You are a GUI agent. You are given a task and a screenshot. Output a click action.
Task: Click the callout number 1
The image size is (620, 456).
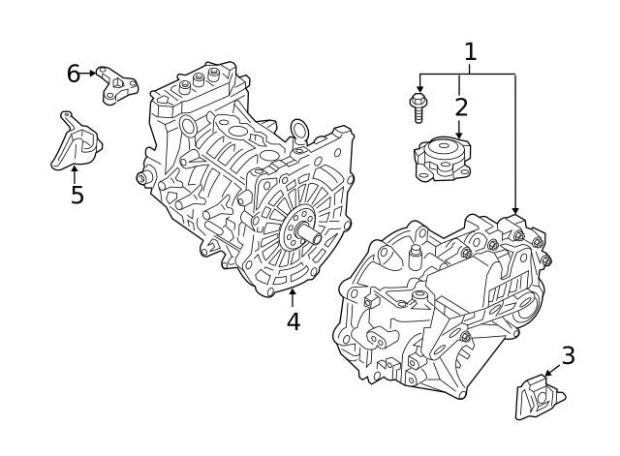tap(470, 51)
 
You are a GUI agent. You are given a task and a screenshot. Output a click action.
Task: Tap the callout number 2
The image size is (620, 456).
tap(460, 106)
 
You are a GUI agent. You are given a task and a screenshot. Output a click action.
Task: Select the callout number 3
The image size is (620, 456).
tap(568, 355)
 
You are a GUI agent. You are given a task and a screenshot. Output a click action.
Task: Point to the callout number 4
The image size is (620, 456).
tap(293, 320)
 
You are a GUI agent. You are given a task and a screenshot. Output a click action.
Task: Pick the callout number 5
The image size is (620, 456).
tap(77, 195)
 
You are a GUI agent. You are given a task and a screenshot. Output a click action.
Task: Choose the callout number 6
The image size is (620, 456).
tap(74, 73)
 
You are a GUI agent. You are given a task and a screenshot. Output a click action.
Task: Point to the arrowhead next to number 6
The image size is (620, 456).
tap(93, 73)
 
